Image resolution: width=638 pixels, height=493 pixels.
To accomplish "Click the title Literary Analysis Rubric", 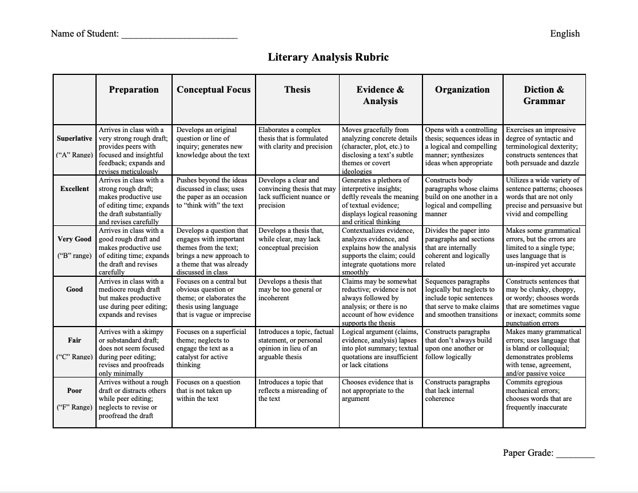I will point(328,57).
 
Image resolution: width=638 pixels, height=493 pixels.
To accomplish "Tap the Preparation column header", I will point(134,90).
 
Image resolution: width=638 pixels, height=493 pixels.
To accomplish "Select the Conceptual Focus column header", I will point(213,90).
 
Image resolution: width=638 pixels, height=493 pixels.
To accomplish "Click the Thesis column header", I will point(297,90).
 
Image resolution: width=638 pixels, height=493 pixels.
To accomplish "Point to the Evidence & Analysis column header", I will point(380,95).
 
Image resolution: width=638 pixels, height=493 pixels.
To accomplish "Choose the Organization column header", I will point(462,90).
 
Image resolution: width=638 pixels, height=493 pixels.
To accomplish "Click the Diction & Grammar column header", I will point(544,95).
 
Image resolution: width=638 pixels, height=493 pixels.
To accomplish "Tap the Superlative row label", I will point(74,138).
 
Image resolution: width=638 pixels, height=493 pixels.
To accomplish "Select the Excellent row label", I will point(74,189).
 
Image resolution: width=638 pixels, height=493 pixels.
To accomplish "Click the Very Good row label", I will point(74,239).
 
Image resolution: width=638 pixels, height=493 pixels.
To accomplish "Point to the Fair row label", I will point(74,340).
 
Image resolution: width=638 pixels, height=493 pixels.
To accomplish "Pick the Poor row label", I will point(74,390).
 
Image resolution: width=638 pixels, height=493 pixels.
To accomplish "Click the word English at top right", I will point(565,34).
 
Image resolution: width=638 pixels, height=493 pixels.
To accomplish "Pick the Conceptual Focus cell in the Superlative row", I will point(213,142).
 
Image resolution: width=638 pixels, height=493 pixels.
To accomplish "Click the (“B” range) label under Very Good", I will point(74,256).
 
